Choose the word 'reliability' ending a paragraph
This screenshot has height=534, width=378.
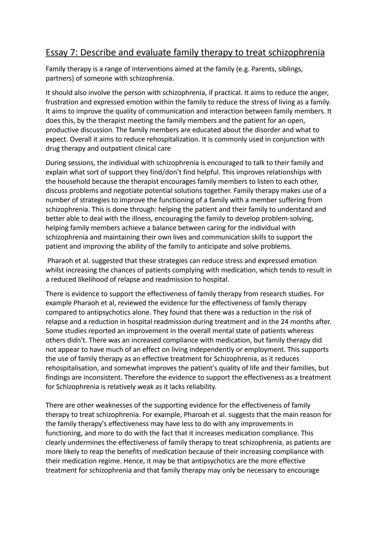pyautogui.click(x=198, y=387)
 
